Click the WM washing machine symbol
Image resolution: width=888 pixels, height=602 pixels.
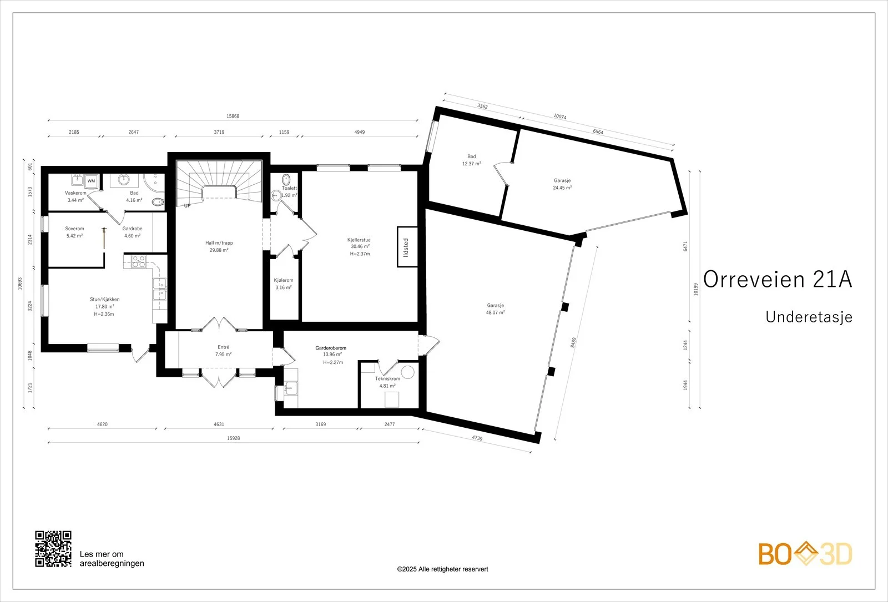(x=91, y=181)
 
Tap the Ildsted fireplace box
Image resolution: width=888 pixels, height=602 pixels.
(x=407, y=247)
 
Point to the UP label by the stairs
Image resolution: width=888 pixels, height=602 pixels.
(x=187, y=206)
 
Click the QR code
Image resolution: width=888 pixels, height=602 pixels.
(x=53, y=549)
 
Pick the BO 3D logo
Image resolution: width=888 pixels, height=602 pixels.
(x=805, y=554)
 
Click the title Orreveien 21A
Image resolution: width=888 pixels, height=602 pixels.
(x=778, y=280)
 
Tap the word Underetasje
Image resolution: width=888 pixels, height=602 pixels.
(x=809, y=317)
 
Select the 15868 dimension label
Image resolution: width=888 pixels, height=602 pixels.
(x=233, y=116)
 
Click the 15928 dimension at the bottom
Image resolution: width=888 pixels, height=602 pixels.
(x=234, y=438)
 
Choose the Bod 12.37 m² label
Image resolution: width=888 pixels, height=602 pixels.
(x=471, y=160)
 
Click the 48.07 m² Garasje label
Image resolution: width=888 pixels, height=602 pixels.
(x=496, y=308)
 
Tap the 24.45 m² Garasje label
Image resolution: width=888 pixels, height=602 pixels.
(x=562, y=184)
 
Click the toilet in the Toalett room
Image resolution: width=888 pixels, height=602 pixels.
(x=286, y=180)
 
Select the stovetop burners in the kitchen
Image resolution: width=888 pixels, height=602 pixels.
(x=138, y=261)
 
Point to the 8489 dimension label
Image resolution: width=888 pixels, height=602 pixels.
(x=573, y=342)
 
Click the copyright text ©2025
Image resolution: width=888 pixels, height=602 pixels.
(x=442, y=569)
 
